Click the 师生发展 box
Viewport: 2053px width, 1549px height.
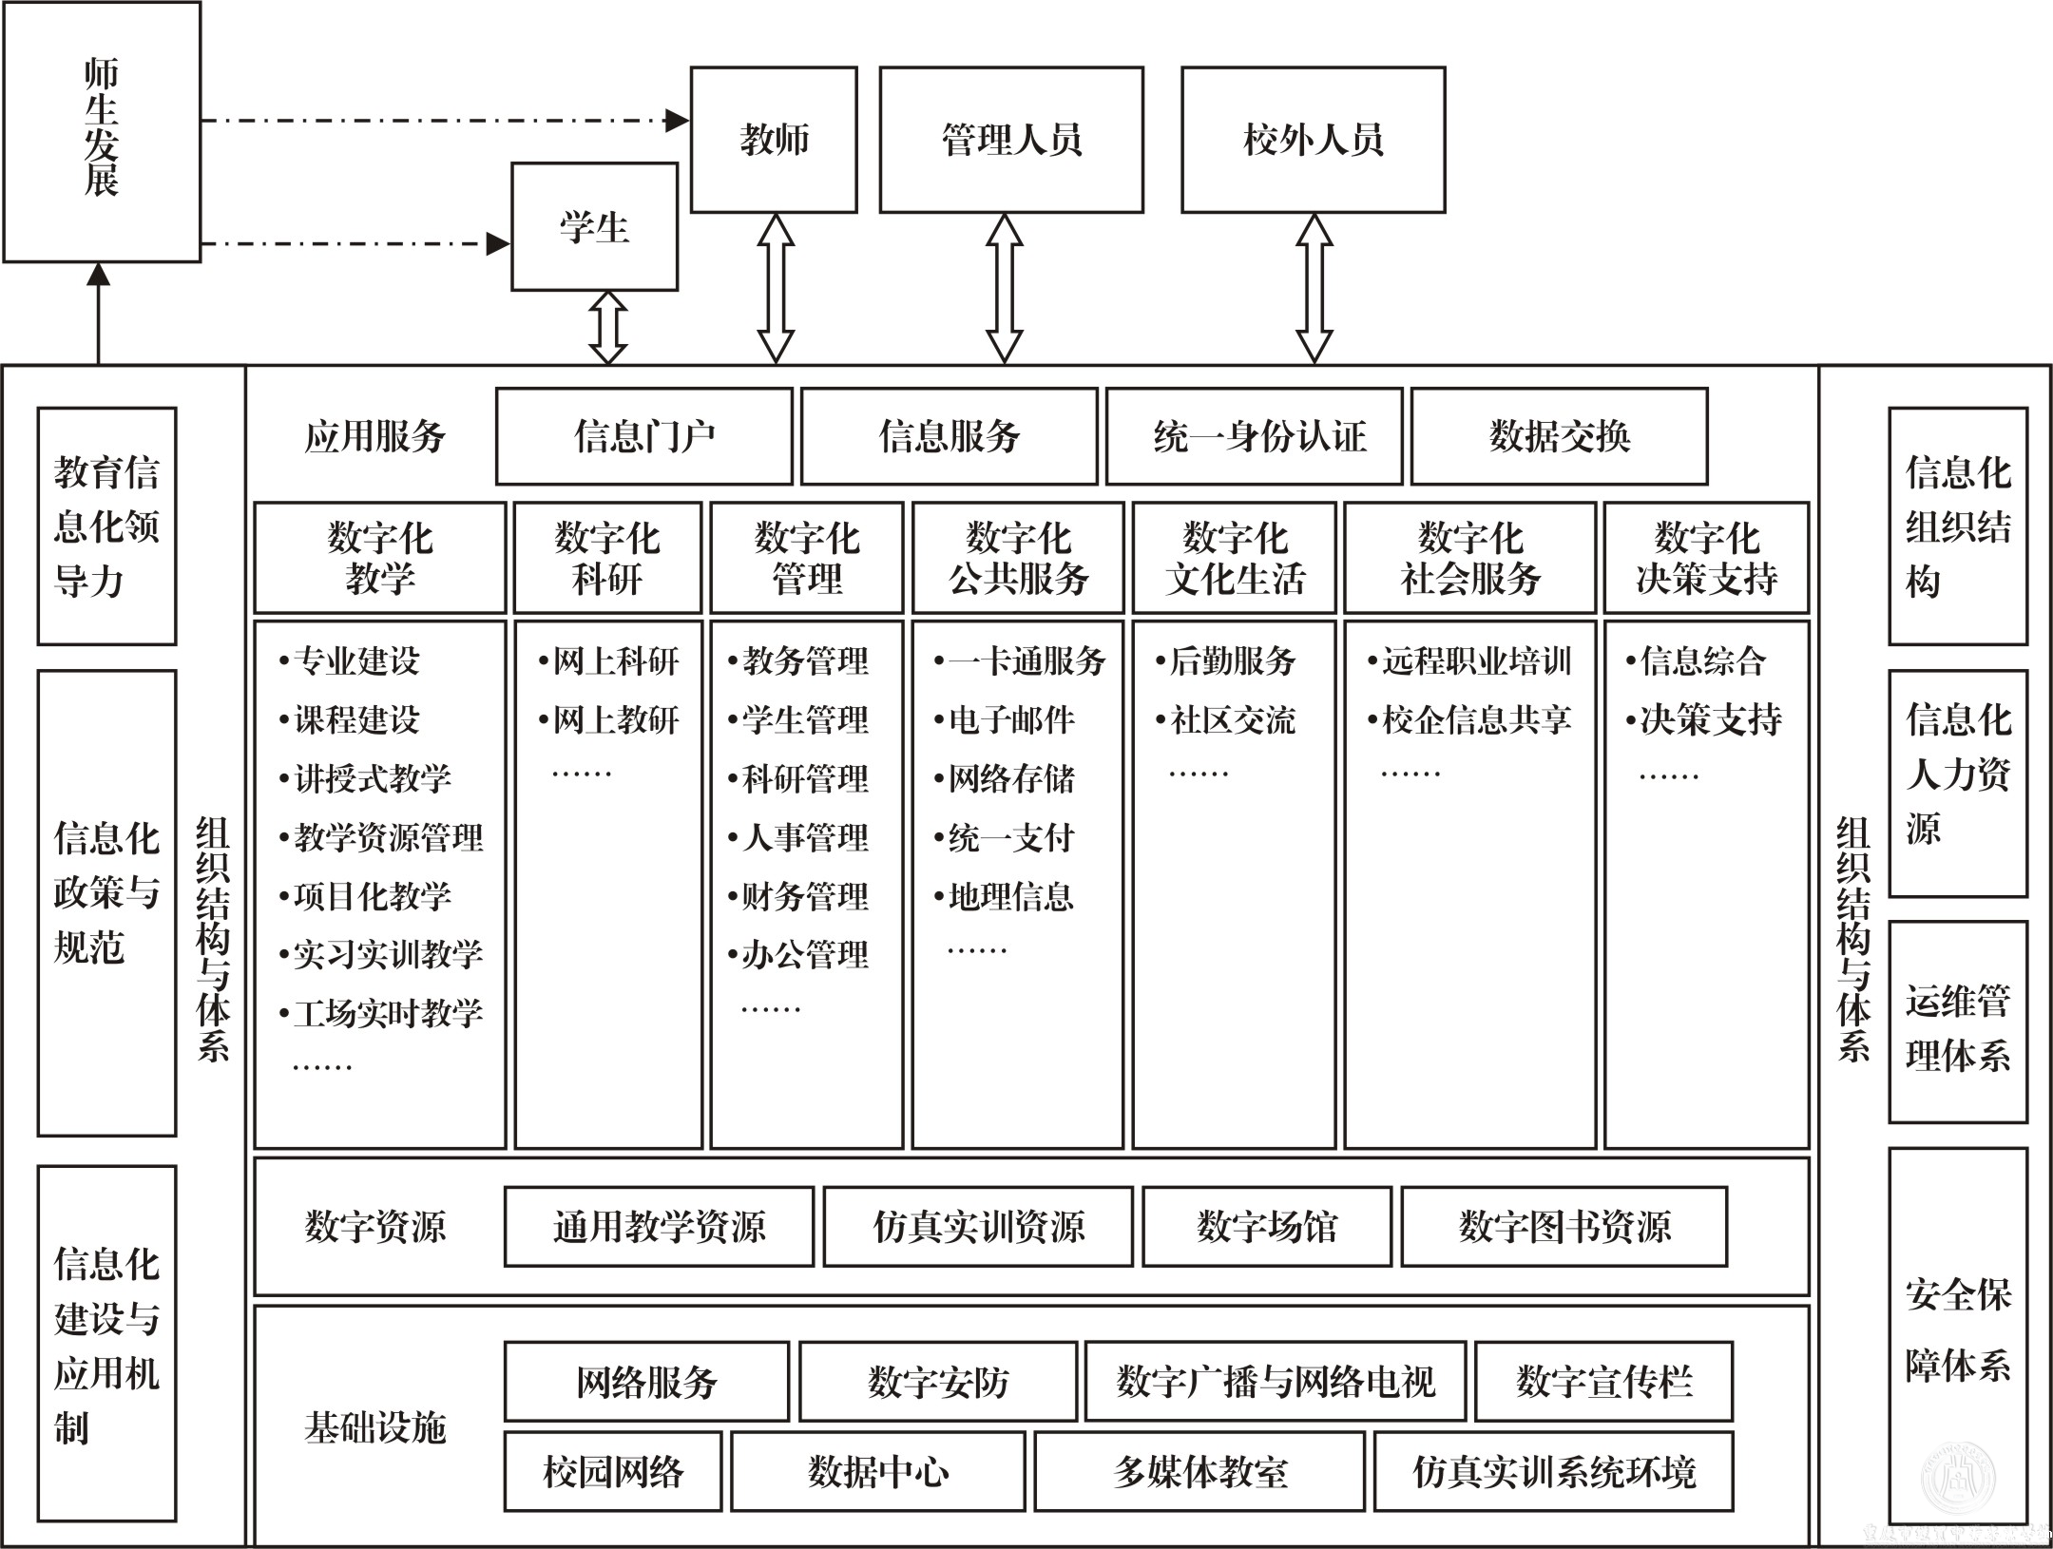point(102,131)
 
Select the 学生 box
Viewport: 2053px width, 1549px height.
point(594,226)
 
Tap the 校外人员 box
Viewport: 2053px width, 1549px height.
point(1313,140)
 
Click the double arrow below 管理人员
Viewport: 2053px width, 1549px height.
point(1005,288)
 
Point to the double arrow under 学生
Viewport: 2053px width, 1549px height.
point(608,328)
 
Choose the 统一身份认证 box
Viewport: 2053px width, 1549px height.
point(1254,436)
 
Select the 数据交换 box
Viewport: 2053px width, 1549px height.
point(1559,436)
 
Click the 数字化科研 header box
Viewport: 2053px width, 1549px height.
point(607,558)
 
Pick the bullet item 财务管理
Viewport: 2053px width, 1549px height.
point(804,896)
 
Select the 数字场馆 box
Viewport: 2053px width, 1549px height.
point(1266,1226)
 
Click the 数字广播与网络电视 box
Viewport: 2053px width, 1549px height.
point(1275,1381)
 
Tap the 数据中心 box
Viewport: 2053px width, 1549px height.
point(877,1471)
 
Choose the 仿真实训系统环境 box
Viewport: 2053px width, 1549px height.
point(1553,1471)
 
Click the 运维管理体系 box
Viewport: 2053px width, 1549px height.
point(1957,1023)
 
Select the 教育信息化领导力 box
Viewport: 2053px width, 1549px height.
point(106,526)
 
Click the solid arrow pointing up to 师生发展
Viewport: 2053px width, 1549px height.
point(98,314)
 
